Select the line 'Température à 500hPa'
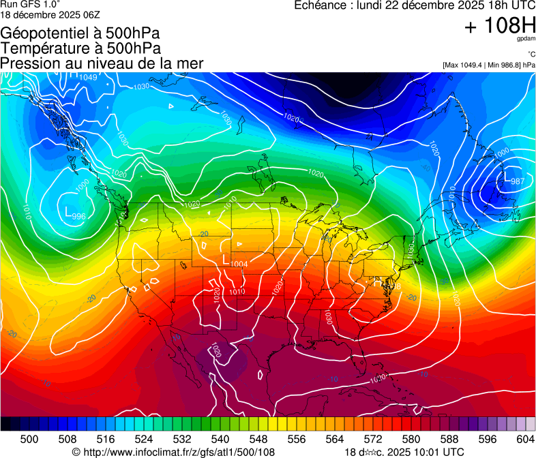click(80, 48)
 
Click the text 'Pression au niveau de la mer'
click(102, 63)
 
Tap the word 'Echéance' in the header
click(318, 5)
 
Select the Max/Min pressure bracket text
click(488, 65)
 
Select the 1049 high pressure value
click(88, 78)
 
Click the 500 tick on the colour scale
click(29, 439)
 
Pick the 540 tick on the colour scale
click(220, 439)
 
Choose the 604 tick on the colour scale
click(525, 439)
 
